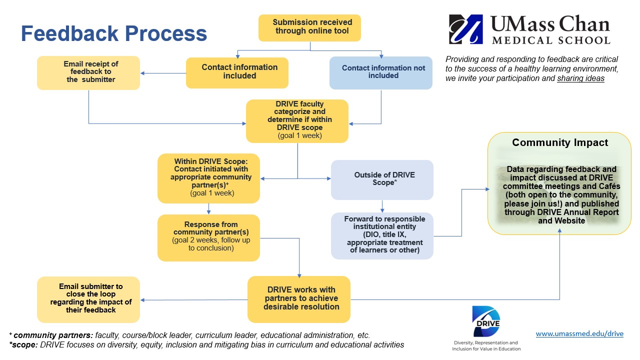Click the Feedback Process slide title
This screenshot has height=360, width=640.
pos(113,33)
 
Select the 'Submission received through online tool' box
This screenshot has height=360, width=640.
pos(310,27)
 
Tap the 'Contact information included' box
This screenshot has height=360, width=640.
pos(237,72)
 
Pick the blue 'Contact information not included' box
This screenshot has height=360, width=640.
pos(381,72)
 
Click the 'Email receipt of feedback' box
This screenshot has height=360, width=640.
pos(88,72)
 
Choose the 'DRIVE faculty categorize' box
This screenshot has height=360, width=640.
pos(297,120)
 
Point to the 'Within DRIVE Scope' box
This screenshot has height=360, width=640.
pos(208,177)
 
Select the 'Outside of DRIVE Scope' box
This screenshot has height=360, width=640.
pos(382,179)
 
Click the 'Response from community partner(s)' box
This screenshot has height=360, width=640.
pos(208,237)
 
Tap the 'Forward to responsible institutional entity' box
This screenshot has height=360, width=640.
pos(382,235)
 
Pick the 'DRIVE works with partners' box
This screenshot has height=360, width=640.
pos(299,298)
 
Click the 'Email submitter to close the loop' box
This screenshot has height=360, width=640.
pos(88,298)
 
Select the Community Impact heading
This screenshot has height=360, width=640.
pos(559,143)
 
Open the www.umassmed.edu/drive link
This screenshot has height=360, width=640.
pos(579,334)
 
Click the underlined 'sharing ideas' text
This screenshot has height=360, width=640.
pos(580,79)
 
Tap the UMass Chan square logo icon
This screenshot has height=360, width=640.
pos(466,29)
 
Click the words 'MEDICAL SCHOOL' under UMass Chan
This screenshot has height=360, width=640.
pos(550,40)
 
